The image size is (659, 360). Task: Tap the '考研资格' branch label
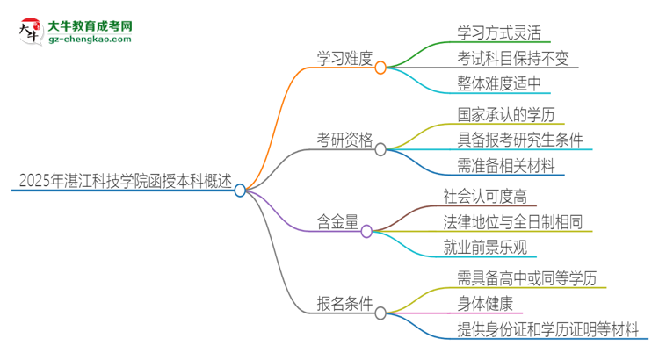tap(344, 140)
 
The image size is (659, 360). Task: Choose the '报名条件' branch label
tap(344, 305)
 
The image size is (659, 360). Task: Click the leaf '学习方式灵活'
tap(504, 33)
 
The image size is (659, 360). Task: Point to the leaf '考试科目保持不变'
tap(513, 59)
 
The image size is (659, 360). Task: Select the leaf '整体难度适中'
tap(504, 85)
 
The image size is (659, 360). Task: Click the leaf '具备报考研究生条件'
tap(520, 140)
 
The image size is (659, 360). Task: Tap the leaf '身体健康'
tap(485, 305)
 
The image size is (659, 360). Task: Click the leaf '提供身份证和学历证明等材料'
tap(547, 329)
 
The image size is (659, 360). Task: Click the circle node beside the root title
tap(241, 190)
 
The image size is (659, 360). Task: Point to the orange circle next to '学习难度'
tap(380, 67)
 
